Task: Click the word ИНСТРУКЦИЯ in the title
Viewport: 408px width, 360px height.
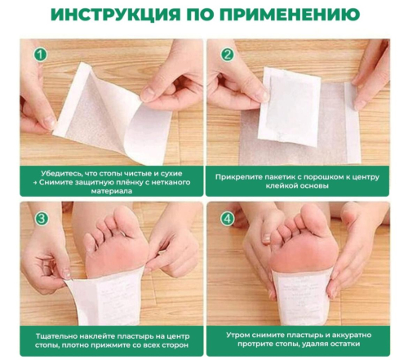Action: (116, 14)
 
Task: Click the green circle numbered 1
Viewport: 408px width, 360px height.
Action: (40, 55)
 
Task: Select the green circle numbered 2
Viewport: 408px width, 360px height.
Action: (228, 55)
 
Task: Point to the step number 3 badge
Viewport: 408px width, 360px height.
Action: (42, 218)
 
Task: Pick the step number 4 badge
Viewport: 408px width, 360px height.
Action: (228, 218)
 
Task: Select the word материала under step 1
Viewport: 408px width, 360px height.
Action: (112, 191)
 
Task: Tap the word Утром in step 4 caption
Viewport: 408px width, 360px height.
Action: (238, 335)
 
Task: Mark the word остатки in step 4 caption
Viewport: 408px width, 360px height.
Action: (345, 344)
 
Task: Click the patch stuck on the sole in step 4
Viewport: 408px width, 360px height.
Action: (303, 296)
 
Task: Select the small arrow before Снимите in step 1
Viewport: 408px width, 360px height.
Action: (35, 183)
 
